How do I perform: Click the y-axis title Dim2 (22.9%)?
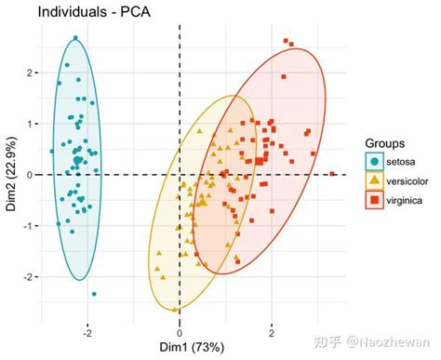coord(11,174)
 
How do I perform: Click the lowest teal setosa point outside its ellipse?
coord(94,294)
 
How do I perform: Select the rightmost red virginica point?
coord(332,173)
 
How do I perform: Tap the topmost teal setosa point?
coord(76,39)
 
